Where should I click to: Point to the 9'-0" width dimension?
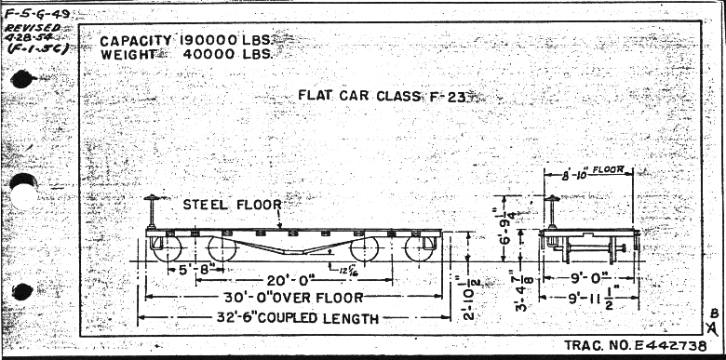click(x=586, y=276)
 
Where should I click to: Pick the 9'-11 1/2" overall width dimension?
click(x=589, y=299)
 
